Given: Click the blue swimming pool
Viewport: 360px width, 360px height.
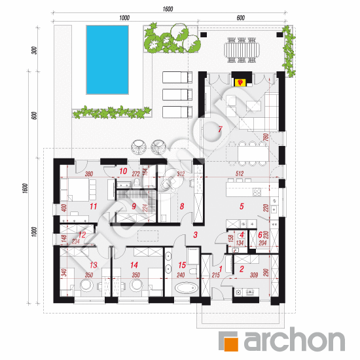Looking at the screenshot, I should pyautogui.click(x=104, y=60).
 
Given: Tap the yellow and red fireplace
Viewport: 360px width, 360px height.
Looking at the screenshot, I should pyautogui.click(x=240, y=82).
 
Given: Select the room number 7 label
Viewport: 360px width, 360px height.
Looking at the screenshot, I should pyautogui.click(x=221, y=130).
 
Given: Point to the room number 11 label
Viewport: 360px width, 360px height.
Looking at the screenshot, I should pyautogui.click(x=94, y=206).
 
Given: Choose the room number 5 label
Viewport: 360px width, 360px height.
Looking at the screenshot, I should pyautogui.click(x=242, y=206).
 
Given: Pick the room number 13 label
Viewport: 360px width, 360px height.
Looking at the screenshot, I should pyautogui.click(x=93, y=264).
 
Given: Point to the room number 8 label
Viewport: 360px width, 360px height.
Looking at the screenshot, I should pyautogui.click(x=183, y=206).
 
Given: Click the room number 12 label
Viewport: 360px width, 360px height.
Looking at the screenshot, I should pyautogui.click(x=82, y=234).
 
